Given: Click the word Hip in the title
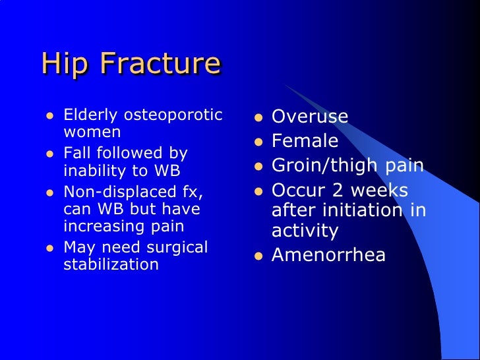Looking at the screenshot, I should point(61,64).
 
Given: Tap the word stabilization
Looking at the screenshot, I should point(111,265).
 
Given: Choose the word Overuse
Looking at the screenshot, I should point(310,117).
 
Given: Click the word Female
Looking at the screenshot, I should point(305,141).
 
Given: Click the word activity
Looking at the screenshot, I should point(305,231).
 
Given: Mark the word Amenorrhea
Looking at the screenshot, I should point(328,255).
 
